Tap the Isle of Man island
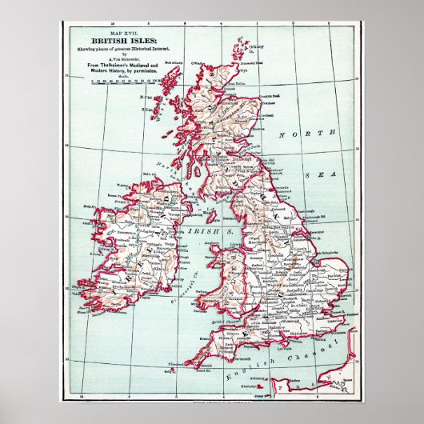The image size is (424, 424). click(x=210, y=215)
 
